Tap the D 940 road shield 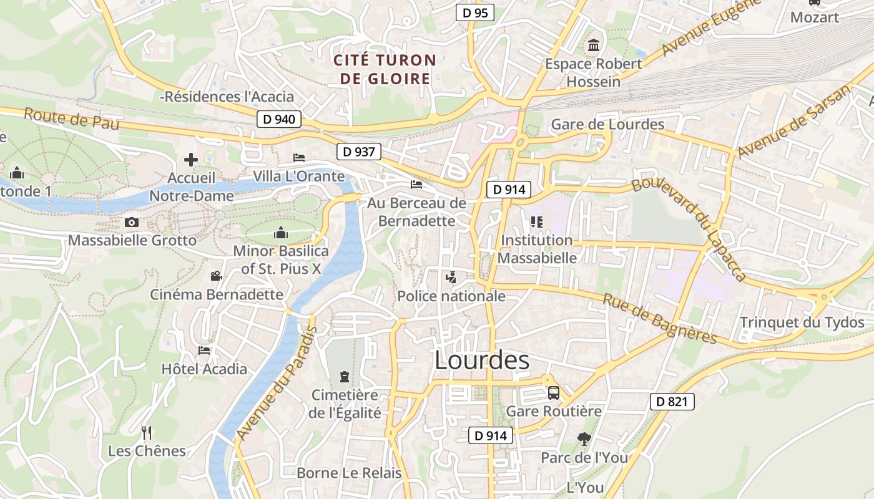click(279, 119)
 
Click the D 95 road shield click(474, 12)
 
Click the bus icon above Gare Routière click(553, 393)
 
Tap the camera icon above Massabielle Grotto click(131, 222)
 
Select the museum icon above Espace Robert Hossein click(593, 46)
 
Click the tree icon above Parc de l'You click(584, 439)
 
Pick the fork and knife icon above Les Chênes click(147, 432)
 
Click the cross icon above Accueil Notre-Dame click(191, 160)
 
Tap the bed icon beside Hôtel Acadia click(204, 351)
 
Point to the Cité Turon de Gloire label click(384, 69)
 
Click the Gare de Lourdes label click(607, 124)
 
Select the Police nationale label click(451, 296)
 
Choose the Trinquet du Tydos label click(802, 322)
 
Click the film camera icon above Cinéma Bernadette click(216, 276)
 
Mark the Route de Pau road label click(71, 119)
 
